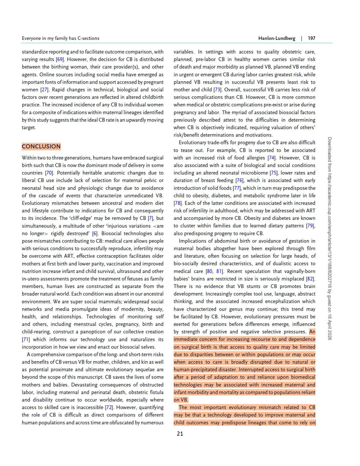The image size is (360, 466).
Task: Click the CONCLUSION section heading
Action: pyautogui.click(x=41, y=147)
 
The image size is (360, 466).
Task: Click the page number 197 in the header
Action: pyautogui.click(x=311, y=38)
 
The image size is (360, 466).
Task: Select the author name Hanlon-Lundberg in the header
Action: pyautogui.click(x=277, y=38)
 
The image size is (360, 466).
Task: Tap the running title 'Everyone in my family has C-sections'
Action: pyautogui.click(x=60, y=38)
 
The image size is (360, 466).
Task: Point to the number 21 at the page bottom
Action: pyautogui.click(x=180, y=434)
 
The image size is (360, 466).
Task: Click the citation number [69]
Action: pyautogui.click(x=60, y=59)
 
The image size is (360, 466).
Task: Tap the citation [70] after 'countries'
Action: pyautogui.click(x=49, y=173)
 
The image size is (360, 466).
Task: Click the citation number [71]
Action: pyautogui.click(x=26, y=340)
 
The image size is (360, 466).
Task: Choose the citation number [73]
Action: pyautogui.click(x=217, y=90)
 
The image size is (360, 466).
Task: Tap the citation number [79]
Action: pyautogui.click(x=310, y=226)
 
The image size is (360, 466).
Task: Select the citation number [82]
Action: pyautogui.click(x=310, y=279)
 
